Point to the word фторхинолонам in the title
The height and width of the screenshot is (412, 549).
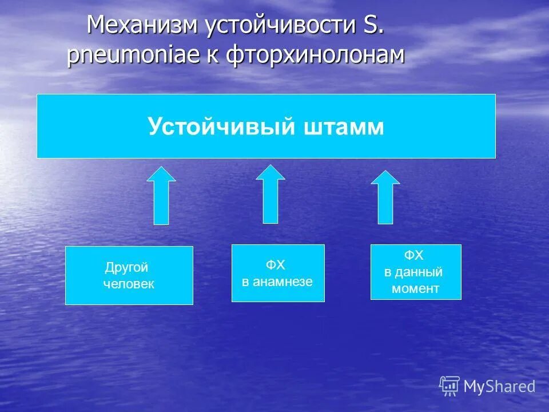[x=315, y=56]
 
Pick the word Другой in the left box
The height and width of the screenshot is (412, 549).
[x=126, y=267]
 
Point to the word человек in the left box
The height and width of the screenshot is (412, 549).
[x=129, y=284]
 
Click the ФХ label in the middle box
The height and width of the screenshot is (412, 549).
[x=275, y=265]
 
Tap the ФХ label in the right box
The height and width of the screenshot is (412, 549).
[x=414, y=255]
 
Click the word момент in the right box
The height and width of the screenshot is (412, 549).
[x=415, y=289]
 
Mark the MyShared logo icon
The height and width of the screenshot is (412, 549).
[x=449, y=386]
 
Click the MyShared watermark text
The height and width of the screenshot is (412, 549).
[x=499, y=387]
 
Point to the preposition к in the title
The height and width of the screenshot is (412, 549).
[x=216, y=56]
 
